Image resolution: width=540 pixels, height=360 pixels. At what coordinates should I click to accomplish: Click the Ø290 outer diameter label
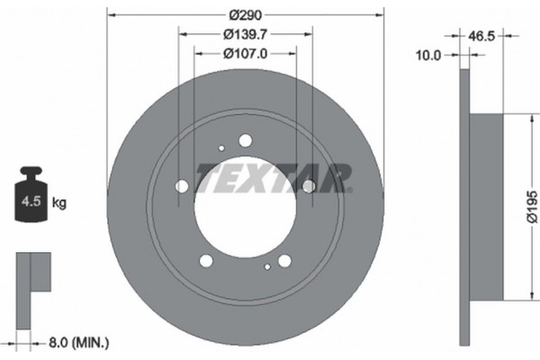[x=244, y=14]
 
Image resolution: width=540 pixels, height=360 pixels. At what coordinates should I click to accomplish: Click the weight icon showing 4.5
[x=31, y=197]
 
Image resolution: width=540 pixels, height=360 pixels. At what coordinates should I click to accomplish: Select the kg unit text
[x=59, y=203]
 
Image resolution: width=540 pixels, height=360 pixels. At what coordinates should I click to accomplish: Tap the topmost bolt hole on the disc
[x=245, y=139]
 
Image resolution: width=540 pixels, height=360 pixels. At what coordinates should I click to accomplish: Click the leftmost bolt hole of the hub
[x=183, y=186]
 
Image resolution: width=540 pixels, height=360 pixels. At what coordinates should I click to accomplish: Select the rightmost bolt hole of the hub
[x=308, y=186]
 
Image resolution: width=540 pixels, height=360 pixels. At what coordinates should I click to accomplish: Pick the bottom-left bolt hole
[x=206, y=261]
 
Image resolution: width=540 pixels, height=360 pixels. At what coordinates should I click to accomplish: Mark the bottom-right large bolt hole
[x=284, y=261]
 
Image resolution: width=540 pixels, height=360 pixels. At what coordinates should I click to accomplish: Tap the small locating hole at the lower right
[x=267, y=267]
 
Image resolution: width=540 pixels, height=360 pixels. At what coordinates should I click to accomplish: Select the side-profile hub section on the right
[x=485, y=207]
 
